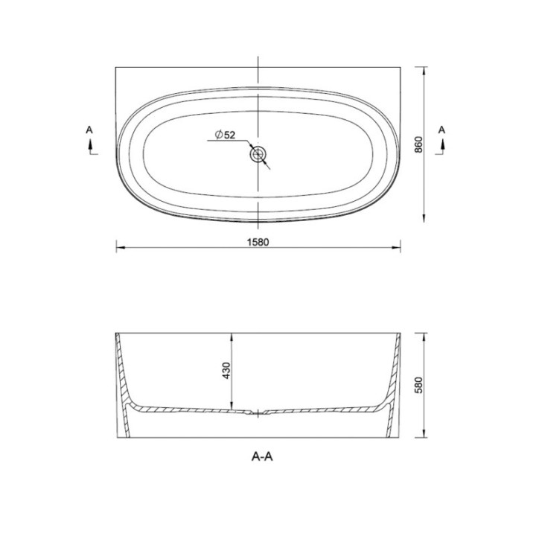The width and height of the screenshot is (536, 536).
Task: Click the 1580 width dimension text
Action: click(x=258, y=242)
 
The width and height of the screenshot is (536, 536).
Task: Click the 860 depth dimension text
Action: click(x=418, y=144)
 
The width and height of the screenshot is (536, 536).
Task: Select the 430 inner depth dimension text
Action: click(x=226, y=370)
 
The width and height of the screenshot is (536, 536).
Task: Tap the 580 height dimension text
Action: click(x=418, y=385)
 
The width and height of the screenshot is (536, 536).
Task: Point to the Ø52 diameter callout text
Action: click(x=225, y=135)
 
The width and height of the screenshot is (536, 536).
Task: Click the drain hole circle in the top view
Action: click(x=258, y=154)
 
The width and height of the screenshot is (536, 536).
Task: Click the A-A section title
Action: click(x=262, y=456)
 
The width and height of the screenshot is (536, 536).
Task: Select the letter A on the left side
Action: click(x=89, y=130)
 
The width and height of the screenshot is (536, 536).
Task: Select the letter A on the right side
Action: click(x=441, y=130)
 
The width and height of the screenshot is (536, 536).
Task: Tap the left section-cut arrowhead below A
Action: click(x=91, y=144)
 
